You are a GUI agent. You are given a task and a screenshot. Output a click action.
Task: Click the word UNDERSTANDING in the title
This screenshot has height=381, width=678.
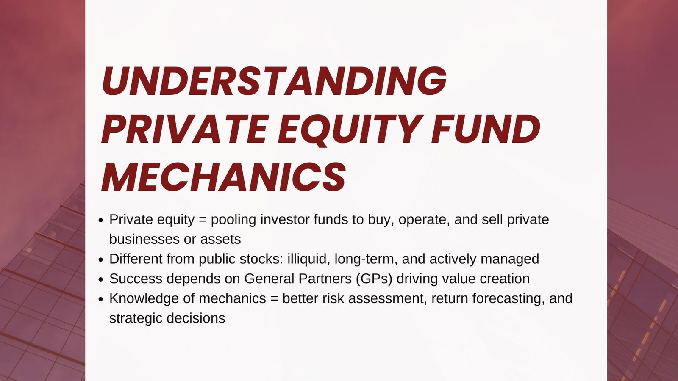pyautogui.click(x=274, y=80)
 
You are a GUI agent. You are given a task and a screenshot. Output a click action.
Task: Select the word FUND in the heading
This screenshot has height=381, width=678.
pyautogui.click(x=485, y=129)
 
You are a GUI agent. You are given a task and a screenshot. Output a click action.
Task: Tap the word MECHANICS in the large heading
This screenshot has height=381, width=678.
pyautogui.click(x=224, y=177)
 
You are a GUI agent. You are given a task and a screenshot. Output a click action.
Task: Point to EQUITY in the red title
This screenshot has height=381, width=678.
pyautogui.click(x=349, y=130)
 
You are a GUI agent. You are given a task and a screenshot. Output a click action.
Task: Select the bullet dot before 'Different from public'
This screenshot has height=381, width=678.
pyautogui.click(x=101, y=260)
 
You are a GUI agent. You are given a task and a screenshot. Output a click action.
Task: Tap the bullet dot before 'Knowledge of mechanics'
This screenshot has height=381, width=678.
pyautogui.click(x=101, y=299)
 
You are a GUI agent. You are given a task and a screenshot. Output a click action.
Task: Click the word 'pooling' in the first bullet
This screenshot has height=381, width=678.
pyautogui.click(x=233, y=220)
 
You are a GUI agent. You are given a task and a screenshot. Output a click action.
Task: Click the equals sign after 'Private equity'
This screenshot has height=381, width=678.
pyautogui.click(x=203, y=220)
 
